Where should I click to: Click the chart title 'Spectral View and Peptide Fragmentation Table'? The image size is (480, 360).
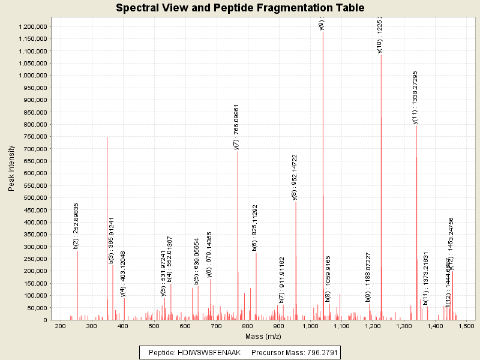[x=240, y=8]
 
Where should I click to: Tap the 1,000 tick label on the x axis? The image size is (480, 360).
[x=310, y=326]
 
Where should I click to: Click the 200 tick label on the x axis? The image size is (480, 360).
[x=60, y=326]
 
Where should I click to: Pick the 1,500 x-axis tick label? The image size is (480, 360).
[x=467, y=326]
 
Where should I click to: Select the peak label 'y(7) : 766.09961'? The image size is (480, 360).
[x=236, y=127]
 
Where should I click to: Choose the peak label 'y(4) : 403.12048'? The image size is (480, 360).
[x=123, y=274]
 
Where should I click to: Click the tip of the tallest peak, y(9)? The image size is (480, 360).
[x=323, y=31]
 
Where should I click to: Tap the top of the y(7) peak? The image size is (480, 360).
[x=238, y=151]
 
